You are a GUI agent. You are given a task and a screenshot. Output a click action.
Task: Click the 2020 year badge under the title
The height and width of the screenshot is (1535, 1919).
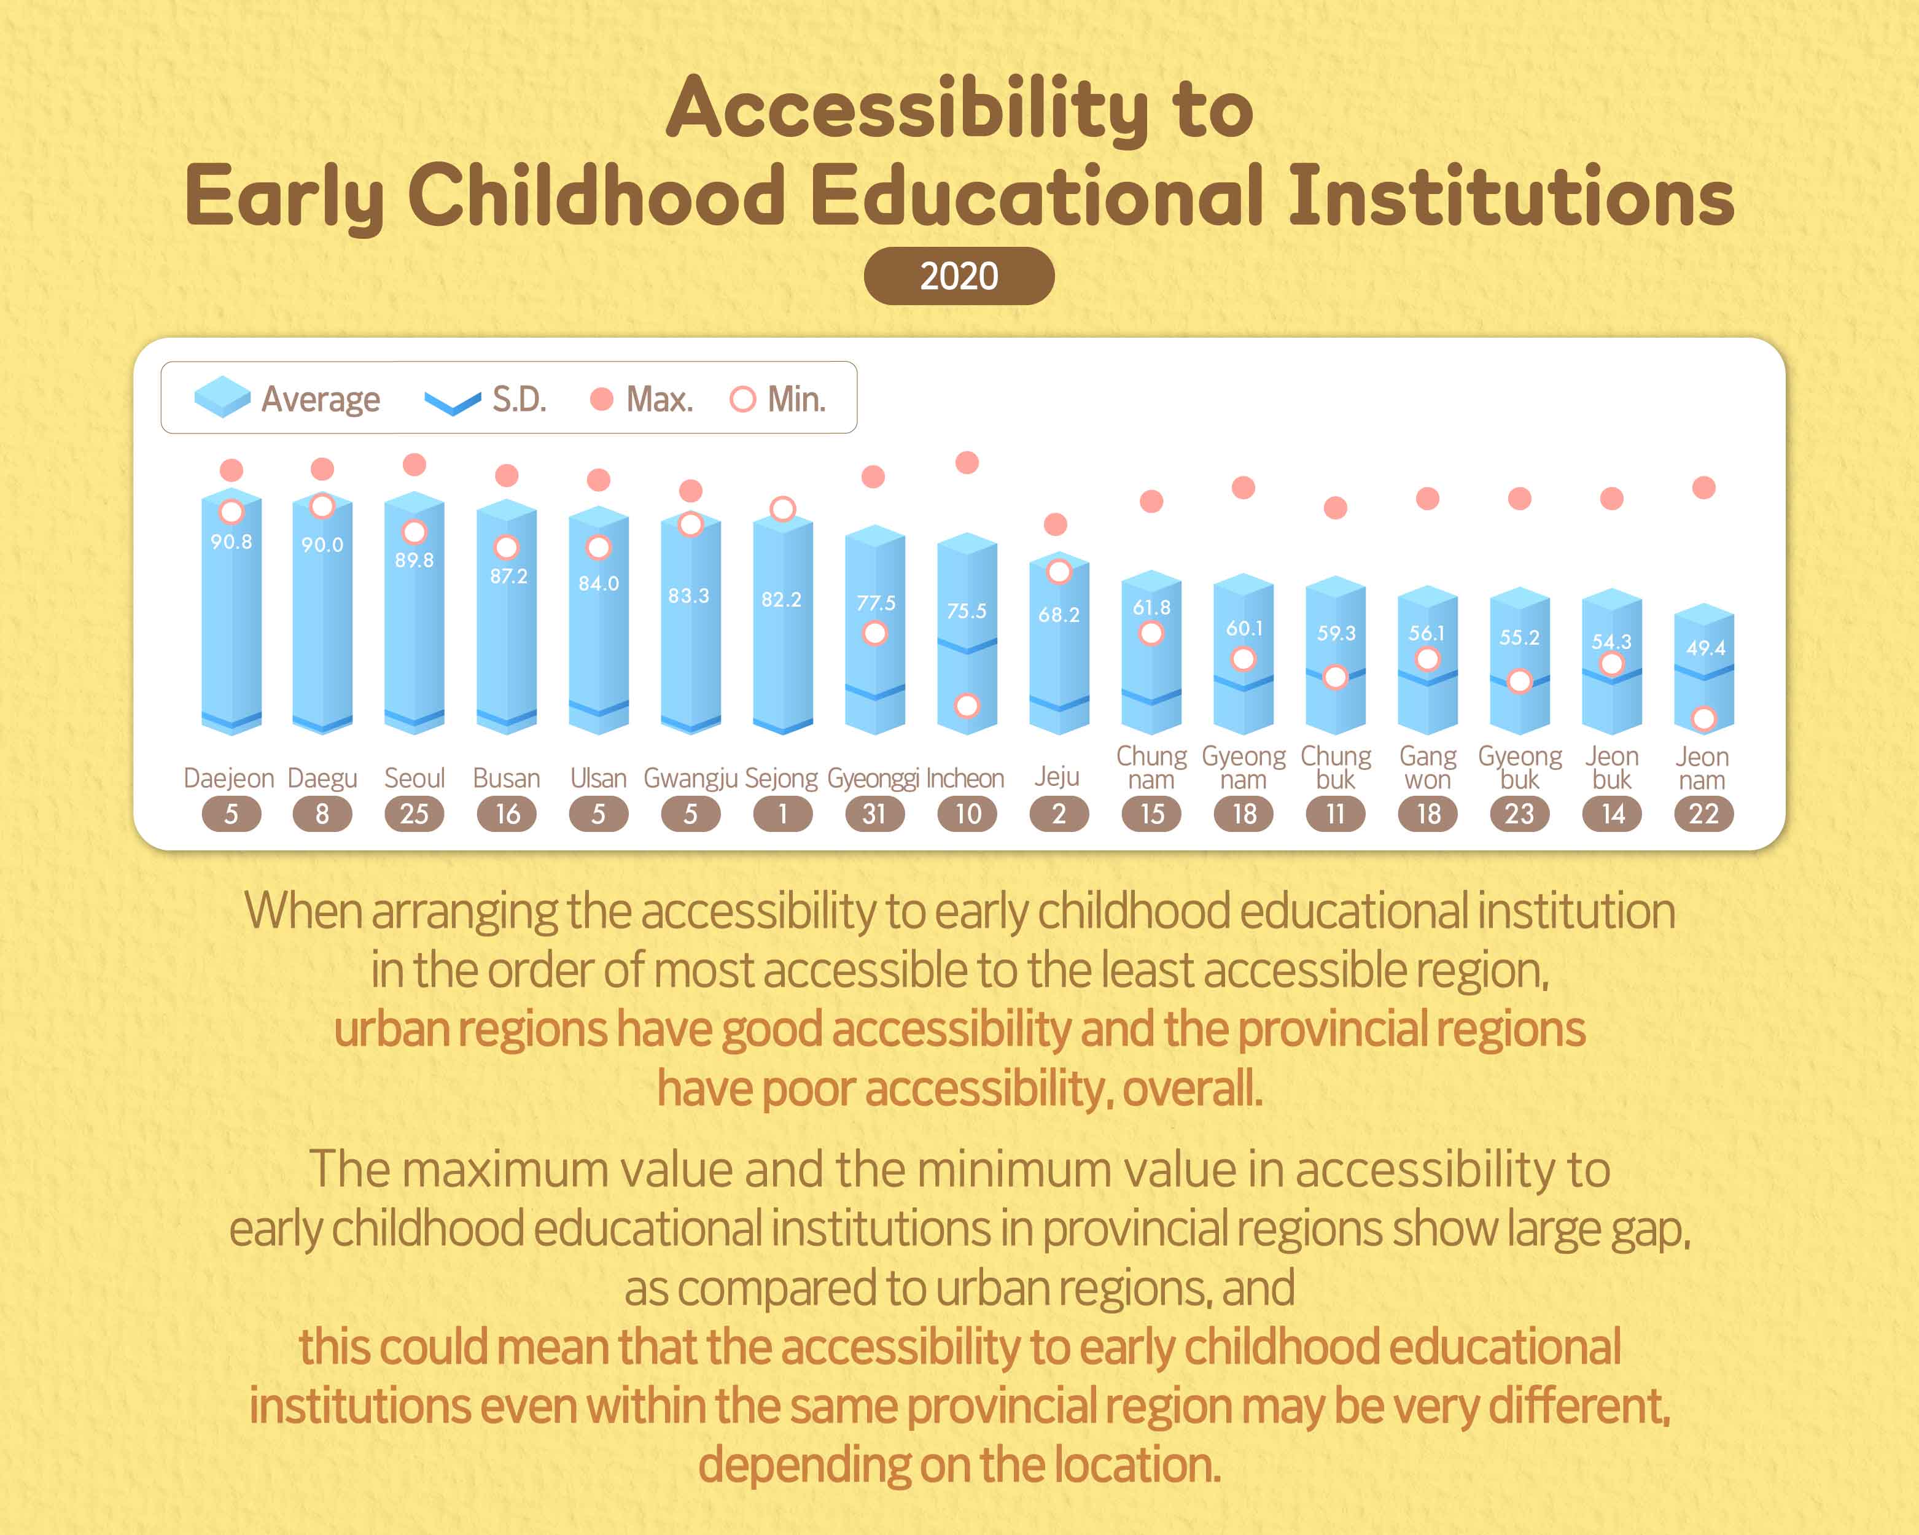pos(959,276)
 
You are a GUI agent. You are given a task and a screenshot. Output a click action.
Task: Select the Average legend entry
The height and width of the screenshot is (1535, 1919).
pos(287,398)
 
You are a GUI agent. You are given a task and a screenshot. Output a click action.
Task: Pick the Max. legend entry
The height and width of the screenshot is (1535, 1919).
pos(642,398)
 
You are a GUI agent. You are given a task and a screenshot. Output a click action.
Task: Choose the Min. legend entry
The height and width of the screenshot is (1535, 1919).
pos(778,398)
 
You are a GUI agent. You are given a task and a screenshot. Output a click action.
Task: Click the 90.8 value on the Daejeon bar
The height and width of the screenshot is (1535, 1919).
pos(232,541)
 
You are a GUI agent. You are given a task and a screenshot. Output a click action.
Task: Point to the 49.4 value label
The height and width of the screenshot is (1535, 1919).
pos(1705,648)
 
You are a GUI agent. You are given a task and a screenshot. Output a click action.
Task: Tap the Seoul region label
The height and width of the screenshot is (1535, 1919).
pos(414,778)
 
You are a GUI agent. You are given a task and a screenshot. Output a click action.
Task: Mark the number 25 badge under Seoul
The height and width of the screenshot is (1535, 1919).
pos(414,814)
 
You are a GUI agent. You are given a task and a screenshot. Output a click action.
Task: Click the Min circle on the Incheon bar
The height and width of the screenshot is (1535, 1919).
pos(967,705)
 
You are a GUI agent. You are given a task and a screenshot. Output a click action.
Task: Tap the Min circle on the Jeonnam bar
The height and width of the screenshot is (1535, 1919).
pos(1703,718)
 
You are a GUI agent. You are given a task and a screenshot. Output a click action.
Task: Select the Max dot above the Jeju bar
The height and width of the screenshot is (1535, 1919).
pos(1056,524)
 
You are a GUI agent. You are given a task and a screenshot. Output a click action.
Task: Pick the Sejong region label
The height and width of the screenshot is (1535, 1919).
pos(780,778)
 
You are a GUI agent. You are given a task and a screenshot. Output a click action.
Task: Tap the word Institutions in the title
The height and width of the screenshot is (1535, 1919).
pos(1511,196)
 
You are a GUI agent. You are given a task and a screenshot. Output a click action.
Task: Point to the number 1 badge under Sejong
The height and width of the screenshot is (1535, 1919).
pos(782,814)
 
